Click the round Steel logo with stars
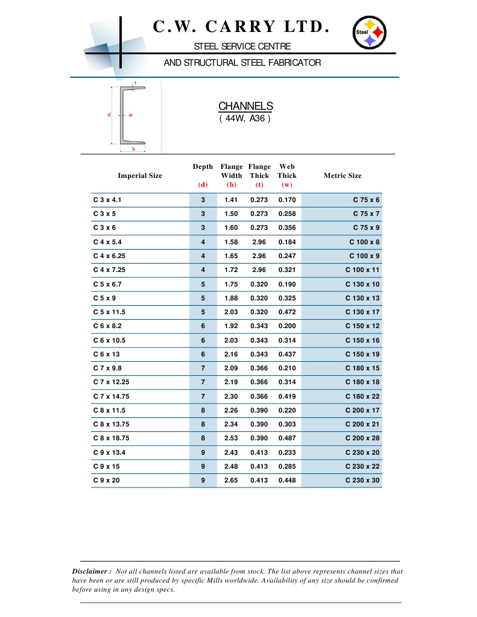[x=368, y=33]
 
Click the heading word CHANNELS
[x=245, y=106]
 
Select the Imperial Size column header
[x=140, y=176]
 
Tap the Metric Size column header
[x=343, y=176]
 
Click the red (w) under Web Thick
[x=287, y=185]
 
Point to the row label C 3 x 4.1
[x=109, y=200]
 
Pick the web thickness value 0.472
[x=287, y=312]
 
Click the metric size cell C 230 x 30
[x=362, y=481]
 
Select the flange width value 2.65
[x=231, y=481]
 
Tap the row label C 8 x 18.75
[x=112, y=438]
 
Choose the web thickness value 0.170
[x=287, y=200]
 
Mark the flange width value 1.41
[x=231, y=200]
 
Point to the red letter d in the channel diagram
[x=109, y=115]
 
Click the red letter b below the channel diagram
[x=133, y=149]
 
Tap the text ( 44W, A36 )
[x=245, y=118]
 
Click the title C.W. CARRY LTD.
[x=241, y=27]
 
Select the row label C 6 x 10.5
[x=109, y=340]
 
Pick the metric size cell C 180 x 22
[x=362, y=396]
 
